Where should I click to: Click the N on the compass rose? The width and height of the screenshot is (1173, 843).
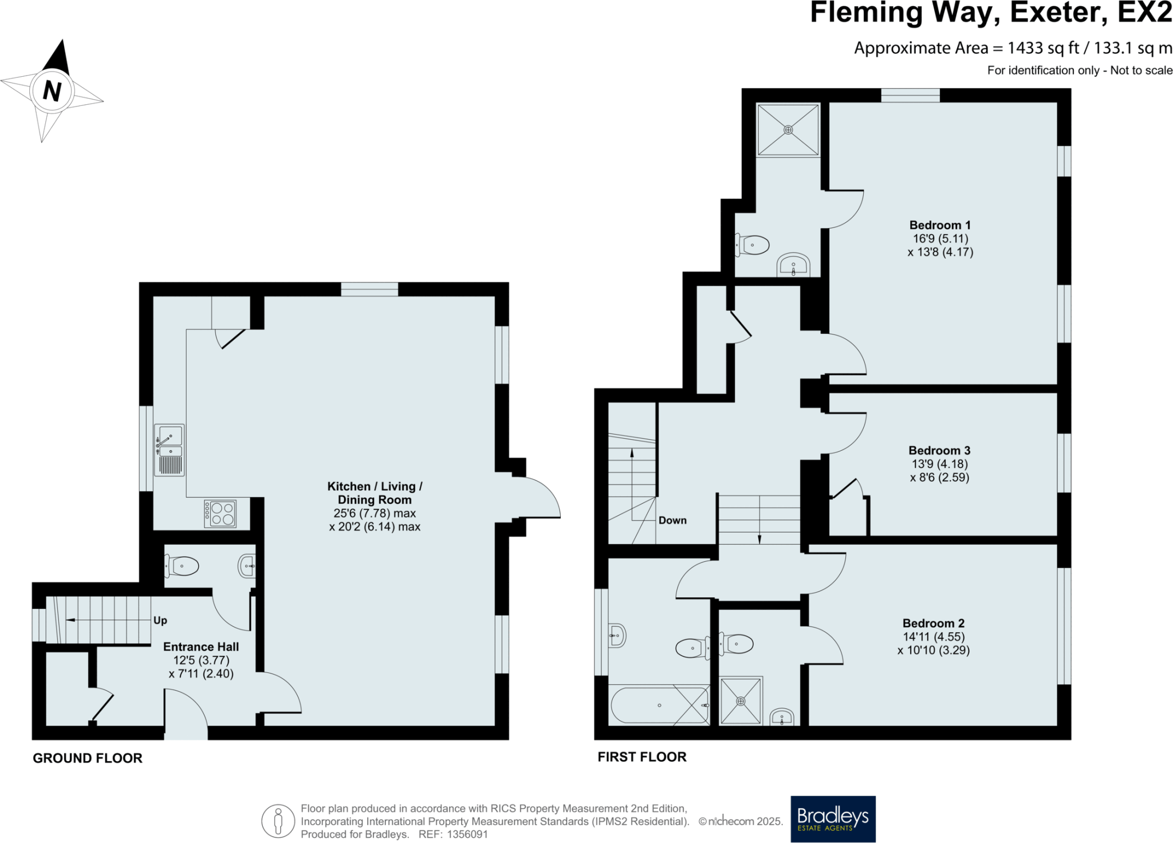52,91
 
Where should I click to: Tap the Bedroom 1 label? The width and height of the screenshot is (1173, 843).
940,225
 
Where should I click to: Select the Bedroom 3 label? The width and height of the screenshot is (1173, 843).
939,451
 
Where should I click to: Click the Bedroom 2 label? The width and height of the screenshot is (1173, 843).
934,623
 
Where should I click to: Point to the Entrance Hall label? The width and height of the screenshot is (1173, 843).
201,647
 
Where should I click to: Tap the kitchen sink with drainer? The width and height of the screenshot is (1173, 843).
170,450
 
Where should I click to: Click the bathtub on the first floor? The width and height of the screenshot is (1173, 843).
660,706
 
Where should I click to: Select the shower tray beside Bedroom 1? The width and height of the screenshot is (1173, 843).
788,130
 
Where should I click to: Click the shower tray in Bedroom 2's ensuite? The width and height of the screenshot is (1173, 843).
741,700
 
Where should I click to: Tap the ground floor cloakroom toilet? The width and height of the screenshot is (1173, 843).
182,566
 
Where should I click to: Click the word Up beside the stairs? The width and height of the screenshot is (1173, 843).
160,620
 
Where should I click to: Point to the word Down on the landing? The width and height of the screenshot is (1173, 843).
672,520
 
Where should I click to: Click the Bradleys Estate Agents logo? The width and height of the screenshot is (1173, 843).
833,819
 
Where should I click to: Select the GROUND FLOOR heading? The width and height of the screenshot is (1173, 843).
87,758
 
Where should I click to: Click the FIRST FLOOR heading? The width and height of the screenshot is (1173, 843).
641,757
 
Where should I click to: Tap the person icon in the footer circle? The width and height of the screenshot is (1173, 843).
278,821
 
